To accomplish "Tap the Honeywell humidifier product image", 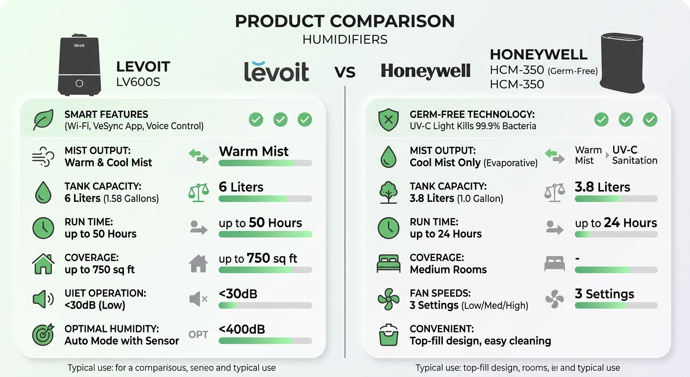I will (x=622, y=63).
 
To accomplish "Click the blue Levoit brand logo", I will (x=277, y=71).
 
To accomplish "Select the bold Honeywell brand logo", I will (x=425, y=72).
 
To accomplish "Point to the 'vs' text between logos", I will (x=345, y=72).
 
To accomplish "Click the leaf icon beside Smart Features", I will (x=43, y=120).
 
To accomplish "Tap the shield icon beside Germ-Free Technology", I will (x=389, y=120).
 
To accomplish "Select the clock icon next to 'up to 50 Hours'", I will (x=43, y=228).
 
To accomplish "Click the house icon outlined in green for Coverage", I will (x=43, y=264).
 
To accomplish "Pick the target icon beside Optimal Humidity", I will (x=43, y=335).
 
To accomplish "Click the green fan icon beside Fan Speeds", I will (x=389, y=299).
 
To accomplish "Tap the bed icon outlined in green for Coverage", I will (x=389, y=264).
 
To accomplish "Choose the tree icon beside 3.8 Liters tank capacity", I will (x=389, y=192).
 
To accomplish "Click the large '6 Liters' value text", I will (x=241, y=187).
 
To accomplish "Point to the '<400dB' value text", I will (x=242, y=329).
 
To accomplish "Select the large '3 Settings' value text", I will (x=604, y=294).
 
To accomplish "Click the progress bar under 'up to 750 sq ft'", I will (x=265, y=270).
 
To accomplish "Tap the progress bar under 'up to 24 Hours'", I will (x=616, y=235).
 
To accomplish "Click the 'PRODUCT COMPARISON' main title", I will (x=345, y=21).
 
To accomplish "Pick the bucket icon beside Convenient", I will (x=389, y=335).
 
